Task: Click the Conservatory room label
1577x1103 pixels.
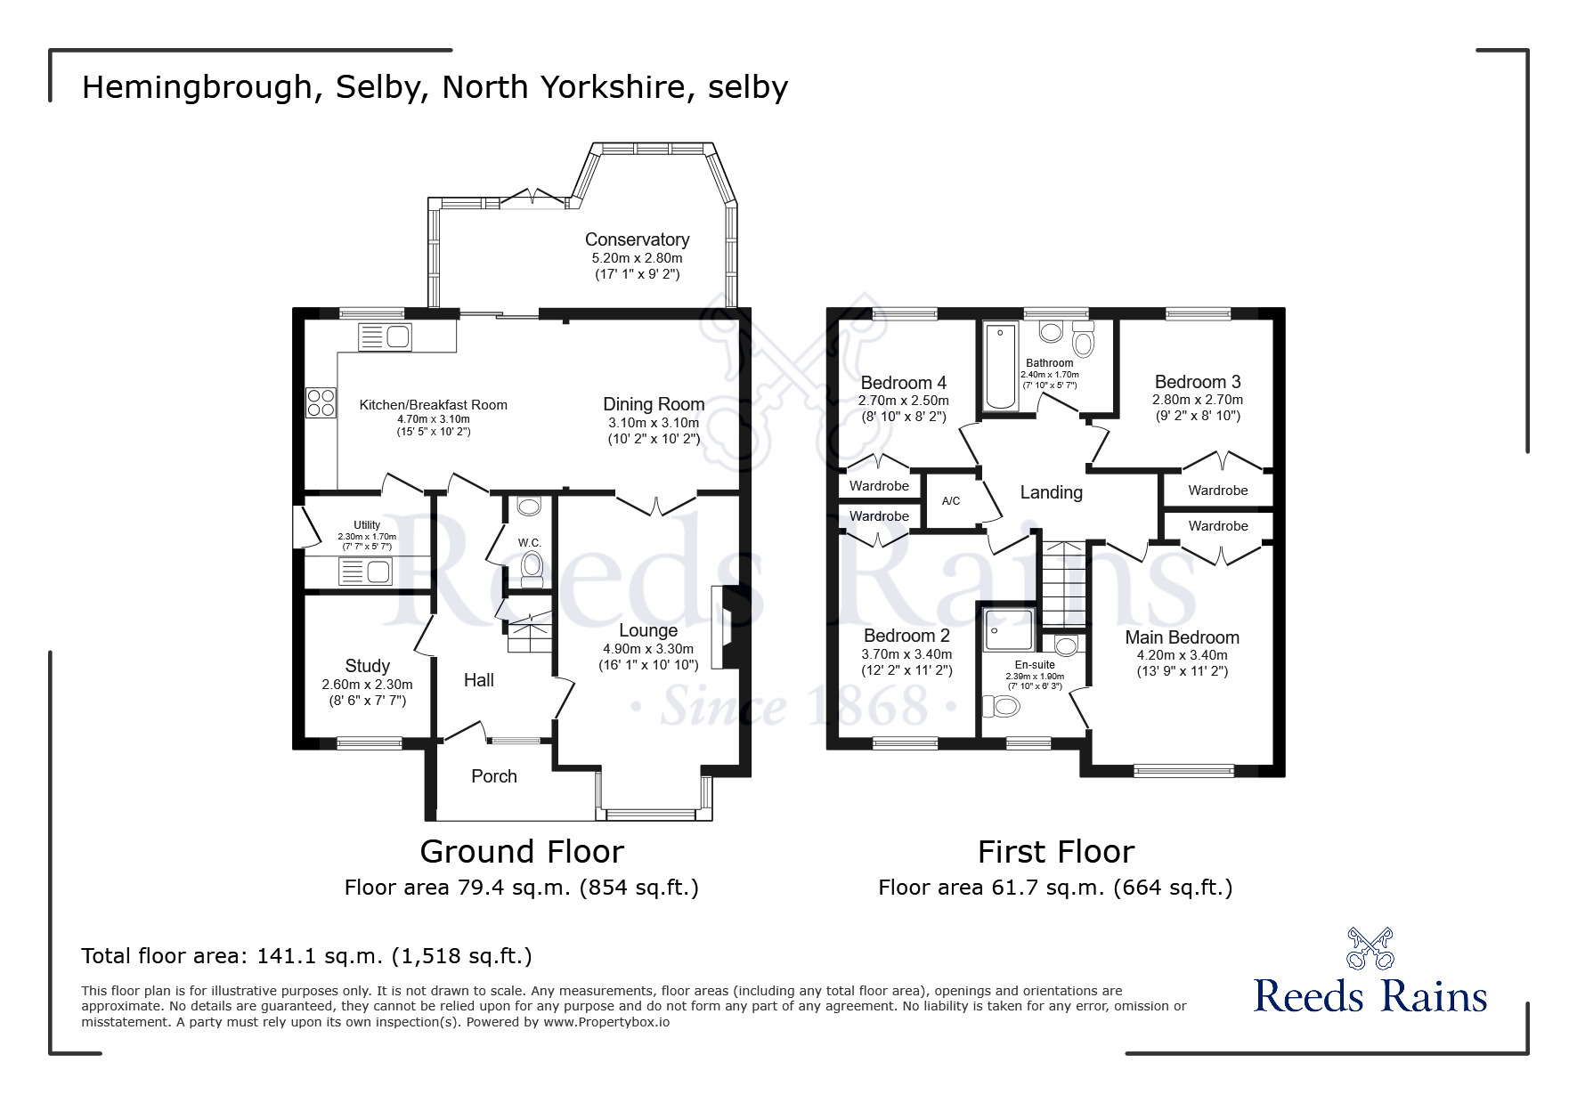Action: tap(637, 239)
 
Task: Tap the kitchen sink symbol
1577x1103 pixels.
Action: tap(385, 337)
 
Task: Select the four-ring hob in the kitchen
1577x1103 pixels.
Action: tap(321, 403)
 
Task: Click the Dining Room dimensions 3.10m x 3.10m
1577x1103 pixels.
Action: tap(654, 423)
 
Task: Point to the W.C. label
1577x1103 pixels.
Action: tap(530, 542)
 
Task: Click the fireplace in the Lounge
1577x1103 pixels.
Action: tap(726, 626)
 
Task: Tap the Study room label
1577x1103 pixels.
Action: tap(367, 666)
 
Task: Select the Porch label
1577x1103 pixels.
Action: tap(493, 776)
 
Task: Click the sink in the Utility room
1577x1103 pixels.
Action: tap(365, 572)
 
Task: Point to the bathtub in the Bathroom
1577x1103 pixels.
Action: tap(1001, 366)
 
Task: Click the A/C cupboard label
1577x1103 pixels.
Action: tap(951, 501)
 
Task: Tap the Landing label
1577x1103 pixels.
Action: tap(1051, 492)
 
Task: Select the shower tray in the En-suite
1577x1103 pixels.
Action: tap(1010, 630)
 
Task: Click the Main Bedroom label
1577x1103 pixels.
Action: tap(1182, 637)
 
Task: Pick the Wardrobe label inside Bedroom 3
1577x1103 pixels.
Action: tap(1217, 491)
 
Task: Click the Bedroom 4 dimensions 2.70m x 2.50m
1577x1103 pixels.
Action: tap(903, 401)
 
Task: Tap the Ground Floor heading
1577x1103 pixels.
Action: tap(522, 852)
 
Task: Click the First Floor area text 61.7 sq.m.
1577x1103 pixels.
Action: tap(1055, 888)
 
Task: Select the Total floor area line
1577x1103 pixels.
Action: tap(306, 956)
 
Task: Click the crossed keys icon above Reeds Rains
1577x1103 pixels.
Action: tap(1370, 948)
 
